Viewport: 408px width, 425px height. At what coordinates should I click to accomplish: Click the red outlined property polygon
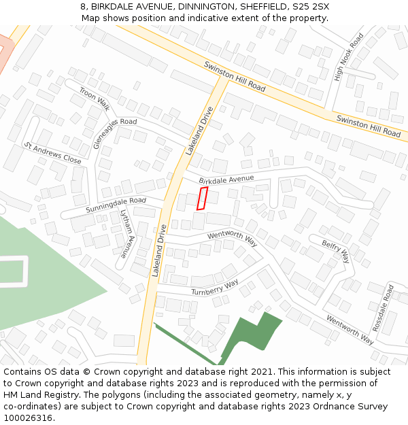pos(202,198)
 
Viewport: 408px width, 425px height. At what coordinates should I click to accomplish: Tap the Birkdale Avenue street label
pos(226,179)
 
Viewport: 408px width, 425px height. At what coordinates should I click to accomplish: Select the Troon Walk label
pos(94,98)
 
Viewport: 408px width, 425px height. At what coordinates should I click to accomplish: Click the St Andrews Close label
pos(52,154)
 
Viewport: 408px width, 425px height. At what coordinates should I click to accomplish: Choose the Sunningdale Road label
pos(116,205)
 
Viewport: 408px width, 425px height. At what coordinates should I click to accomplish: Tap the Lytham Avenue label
pos(126,233)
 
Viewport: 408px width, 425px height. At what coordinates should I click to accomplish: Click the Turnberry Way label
pos(214,287)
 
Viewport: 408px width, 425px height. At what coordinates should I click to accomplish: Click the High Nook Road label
pos(350,57)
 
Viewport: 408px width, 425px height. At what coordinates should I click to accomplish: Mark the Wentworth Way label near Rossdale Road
pos(350,328)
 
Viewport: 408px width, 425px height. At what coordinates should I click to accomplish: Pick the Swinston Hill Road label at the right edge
pos(368,126)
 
